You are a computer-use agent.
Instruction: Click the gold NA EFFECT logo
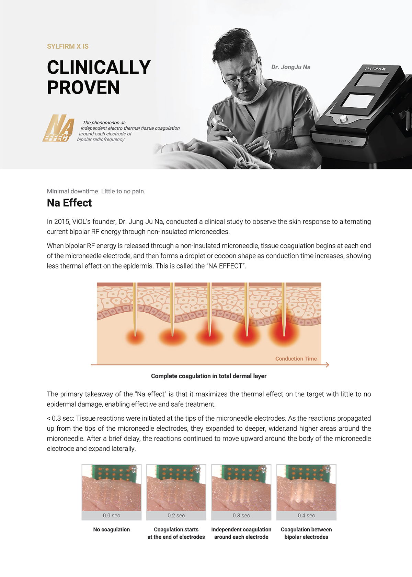[58, 129]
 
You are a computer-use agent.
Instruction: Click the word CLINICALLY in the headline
[99, 67]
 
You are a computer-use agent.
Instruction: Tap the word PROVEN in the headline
[83, 87]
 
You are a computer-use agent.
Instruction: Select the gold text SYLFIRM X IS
[68, 46]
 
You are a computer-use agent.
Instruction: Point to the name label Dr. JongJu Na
[290, 67]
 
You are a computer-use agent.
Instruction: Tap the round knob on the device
[343, 119]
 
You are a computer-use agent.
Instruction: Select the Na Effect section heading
[69, 203]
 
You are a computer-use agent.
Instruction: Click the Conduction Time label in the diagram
[296, 359]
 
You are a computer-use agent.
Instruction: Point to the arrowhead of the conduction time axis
[327, 365]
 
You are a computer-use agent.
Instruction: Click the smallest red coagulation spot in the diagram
[135, 337]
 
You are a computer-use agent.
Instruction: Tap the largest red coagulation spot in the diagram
[284, 333]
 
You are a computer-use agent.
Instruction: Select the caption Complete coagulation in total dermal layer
[208, 376]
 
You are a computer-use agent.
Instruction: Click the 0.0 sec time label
[111, 516]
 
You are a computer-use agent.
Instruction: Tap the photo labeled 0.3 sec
[241, 488]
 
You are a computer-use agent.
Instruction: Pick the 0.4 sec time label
[306, 516]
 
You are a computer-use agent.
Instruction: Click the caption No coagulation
[111, 530]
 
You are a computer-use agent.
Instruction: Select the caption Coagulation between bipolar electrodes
[306, 533]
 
